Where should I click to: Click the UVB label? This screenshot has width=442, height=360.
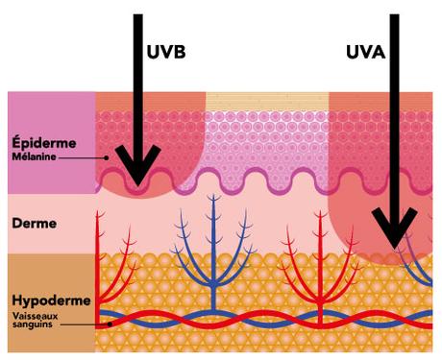coord(167,52)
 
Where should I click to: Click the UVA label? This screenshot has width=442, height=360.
coord(365,52)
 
